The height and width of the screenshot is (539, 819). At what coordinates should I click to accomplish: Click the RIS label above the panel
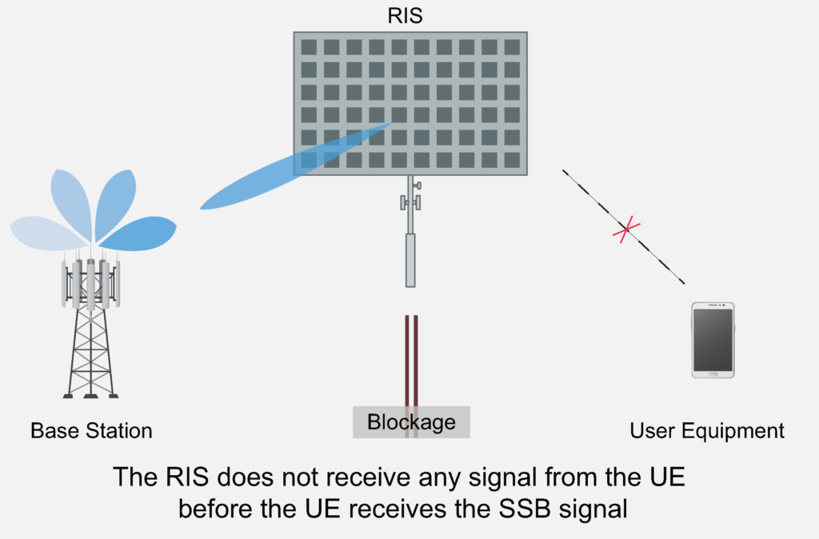[409, 16]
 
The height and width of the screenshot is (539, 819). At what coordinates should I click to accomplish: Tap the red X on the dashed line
[626, 230]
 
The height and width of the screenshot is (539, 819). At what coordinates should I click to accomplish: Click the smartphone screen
[713, 339]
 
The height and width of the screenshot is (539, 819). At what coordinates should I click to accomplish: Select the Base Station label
[91, 431]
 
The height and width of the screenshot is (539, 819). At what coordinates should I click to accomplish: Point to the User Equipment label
[707, 431]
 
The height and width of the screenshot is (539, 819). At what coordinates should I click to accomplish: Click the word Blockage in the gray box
[411, 421]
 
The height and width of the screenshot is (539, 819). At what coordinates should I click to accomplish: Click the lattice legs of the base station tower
[90, 352]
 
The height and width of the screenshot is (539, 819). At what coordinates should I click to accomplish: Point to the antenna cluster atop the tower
[90, 281]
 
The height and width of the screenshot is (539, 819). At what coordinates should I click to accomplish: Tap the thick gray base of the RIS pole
[410, 260]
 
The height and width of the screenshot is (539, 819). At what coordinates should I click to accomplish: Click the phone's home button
[713, 373]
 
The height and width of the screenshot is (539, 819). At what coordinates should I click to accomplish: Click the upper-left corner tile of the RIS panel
[309, 46]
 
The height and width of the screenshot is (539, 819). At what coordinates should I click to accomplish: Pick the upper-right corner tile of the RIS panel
[512, 46]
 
